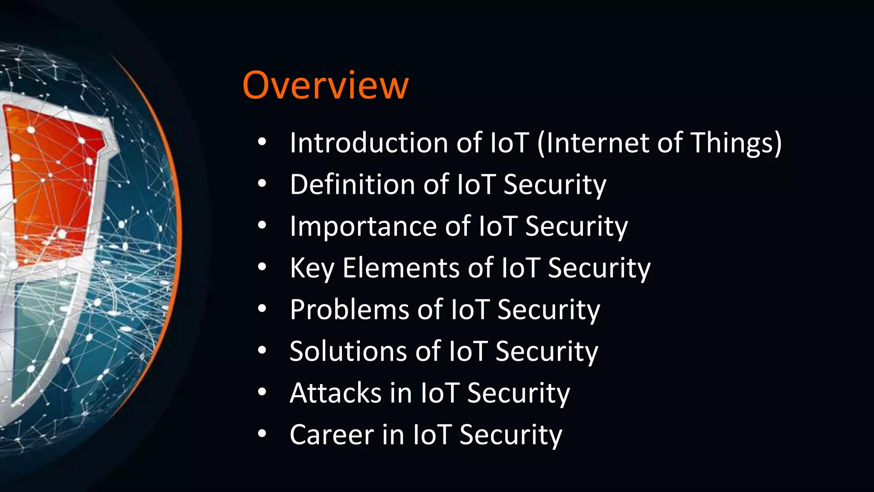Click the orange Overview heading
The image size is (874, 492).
tap(325, 85)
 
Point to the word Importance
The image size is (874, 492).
tap(363, 226)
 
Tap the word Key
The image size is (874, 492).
tap(312, 268)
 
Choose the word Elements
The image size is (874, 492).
tap(401, 268)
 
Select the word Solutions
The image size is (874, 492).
tap(348, 351)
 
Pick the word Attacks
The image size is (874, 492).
tap(335, 393)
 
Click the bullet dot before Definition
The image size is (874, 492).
tap(262, 184)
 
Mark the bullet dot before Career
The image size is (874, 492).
tap(262, 434)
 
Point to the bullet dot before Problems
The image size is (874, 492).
tap(262, 308)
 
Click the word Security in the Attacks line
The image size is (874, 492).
tap(519, 393)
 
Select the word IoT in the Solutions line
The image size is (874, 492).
tap(468, 351)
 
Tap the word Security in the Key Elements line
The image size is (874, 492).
tap(599, 268)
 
